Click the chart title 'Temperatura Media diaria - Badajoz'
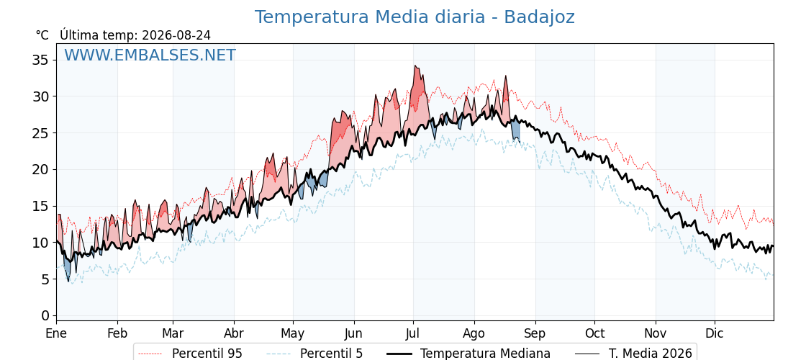415,17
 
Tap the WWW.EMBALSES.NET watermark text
150,55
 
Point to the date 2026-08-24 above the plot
176,35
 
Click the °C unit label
42,35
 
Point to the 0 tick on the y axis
46,315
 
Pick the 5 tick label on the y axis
46,279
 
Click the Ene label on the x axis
56,334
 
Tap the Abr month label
234,334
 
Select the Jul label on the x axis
413,334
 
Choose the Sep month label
535,334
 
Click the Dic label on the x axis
715,334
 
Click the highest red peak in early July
415,66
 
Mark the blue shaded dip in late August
515,131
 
